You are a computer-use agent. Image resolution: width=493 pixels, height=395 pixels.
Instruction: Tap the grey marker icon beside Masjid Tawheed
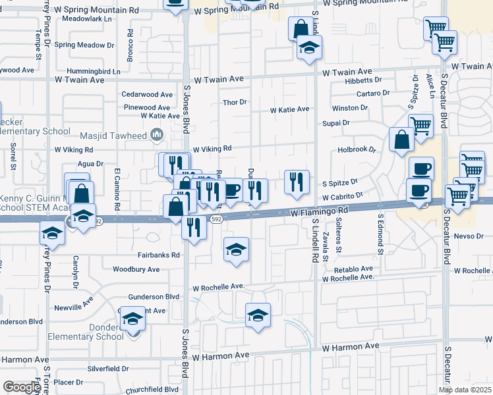[x=157, y=135]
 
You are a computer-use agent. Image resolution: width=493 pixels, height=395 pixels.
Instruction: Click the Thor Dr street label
[x=235, y=102]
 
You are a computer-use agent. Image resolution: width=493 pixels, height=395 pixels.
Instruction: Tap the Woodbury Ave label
[x=136, y=269]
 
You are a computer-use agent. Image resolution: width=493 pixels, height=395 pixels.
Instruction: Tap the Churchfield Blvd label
[x=152, y=389]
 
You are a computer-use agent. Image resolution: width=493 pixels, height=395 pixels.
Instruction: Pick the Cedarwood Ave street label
[x=147, y=95]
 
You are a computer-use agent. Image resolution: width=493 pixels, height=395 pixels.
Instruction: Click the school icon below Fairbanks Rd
[x=236, y=250]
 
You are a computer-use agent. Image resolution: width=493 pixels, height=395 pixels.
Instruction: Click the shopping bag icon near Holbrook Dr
[x=401, y=140]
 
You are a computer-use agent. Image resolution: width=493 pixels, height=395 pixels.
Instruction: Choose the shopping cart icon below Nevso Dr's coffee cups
[x=457, y=196]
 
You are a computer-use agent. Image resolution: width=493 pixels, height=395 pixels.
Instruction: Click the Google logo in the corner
[x=22, y=387]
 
